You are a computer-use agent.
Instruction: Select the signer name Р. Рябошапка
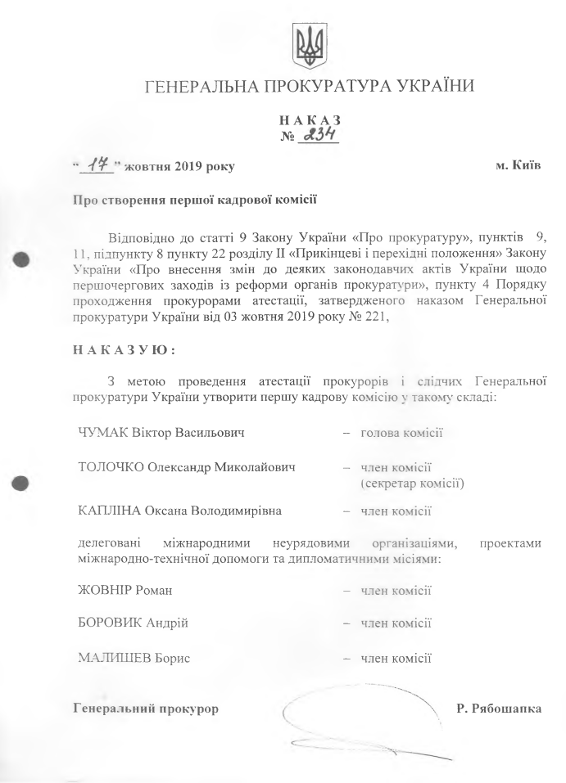coord(498,707)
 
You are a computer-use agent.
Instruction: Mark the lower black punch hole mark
coord(22,484)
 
